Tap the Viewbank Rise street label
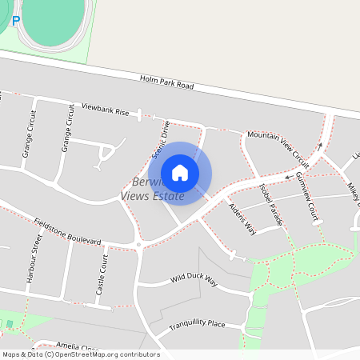[99, 109]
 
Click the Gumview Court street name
[306, 195]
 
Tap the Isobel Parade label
[271, 202]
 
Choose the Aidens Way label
[242, 218]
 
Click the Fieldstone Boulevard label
[67, 230]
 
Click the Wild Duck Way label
[194, 280]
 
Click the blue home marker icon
[180, 173]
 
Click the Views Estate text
[152, 196]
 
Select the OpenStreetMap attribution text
[80, 354]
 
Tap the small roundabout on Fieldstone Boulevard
[139, 244]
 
